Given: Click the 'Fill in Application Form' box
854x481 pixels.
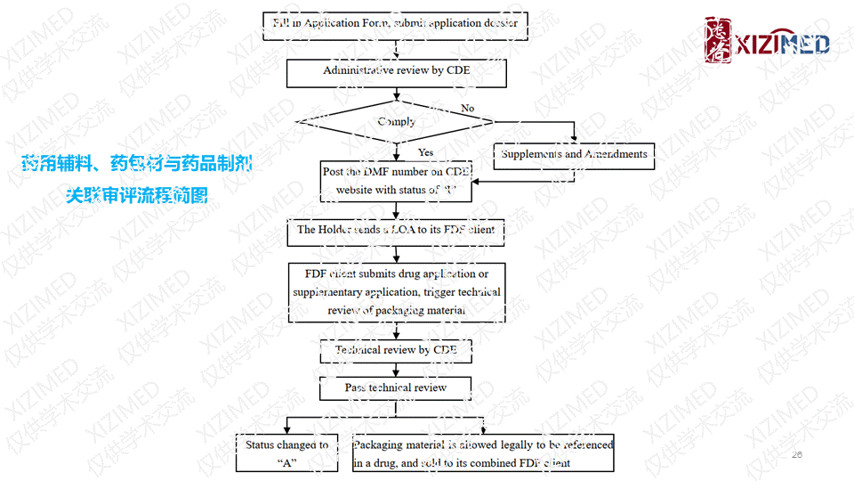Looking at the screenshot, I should pos(396,22).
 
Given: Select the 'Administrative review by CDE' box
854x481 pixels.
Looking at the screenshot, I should pos(396,71).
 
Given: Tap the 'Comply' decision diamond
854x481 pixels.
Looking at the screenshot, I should pos(396,122).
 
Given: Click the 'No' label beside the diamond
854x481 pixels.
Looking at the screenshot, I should pos(467,109).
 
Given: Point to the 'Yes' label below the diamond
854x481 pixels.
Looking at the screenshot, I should pos(425,152).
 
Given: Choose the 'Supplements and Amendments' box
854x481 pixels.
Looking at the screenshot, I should pos(574,155).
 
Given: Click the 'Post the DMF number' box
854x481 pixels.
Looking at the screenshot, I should pos(396,181).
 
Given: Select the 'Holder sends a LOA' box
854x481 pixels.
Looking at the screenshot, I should pos(396,230).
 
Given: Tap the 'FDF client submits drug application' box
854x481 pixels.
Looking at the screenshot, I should pos(396,292).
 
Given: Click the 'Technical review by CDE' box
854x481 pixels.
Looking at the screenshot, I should pos(396,350).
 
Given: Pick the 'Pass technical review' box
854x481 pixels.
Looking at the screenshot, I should pos(396,388).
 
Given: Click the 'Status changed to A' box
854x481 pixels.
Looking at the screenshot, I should pos(286,453).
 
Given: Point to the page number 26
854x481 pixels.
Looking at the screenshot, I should pos(796,455).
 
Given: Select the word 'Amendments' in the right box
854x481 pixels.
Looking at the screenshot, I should pos(616,155).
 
